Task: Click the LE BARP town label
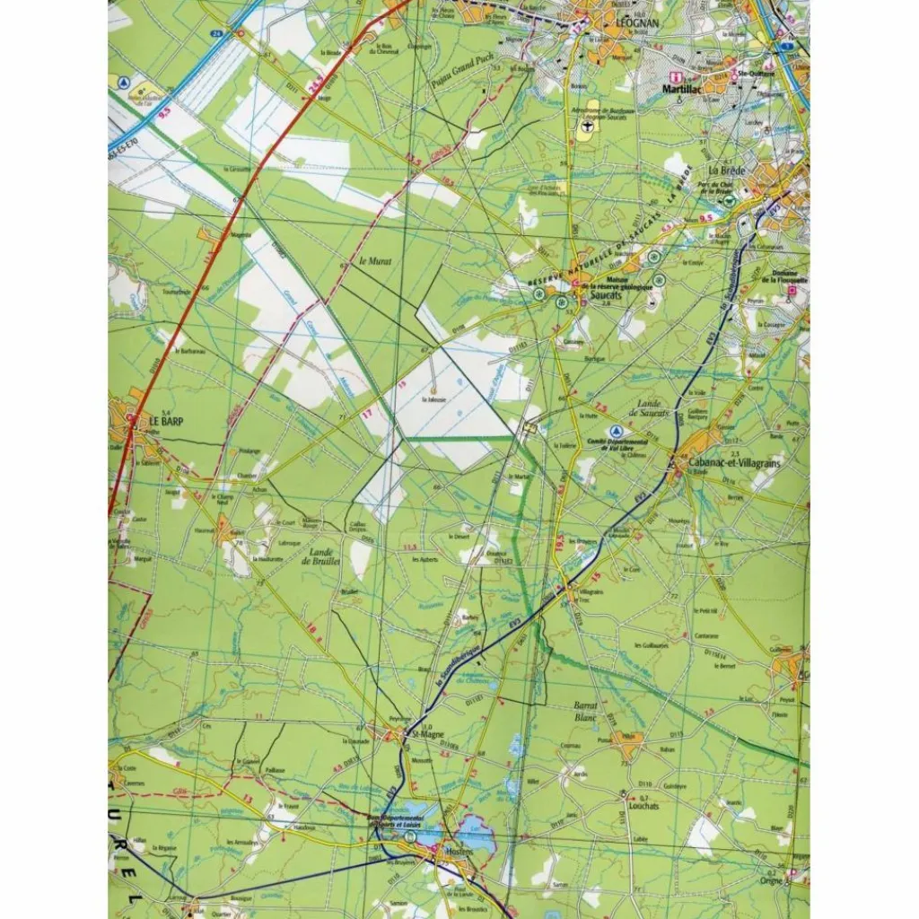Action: (166, 419)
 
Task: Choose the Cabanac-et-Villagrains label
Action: (737, 461)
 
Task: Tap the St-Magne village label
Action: (425, 733)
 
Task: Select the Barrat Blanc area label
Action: (585, 712)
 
